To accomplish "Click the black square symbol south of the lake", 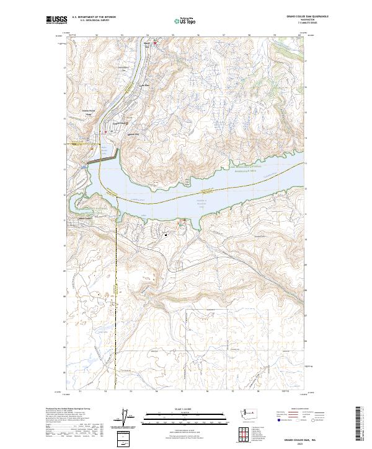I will click(x=166, y=234).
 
